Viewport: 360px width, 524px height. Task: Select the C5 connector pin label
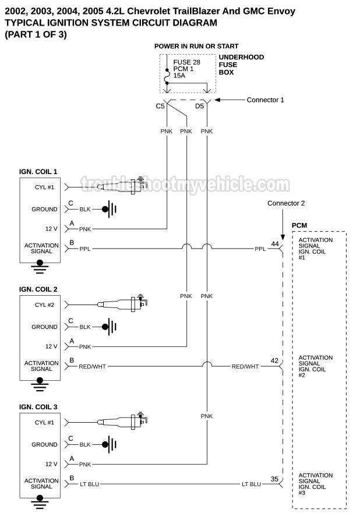[x=160, y=107]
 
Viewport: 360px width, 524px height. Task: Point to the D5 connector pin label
[x=199, y=107]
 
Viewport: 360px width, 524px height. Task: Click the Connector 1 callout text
[x=265, y=100]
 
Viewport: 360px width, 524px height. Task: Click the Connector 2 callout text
[x=286, y=203]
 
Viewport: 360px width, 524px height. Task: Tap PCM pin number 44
[x=275, y=243]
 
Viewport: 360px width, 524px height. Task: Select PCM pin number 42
[x=274, y=361]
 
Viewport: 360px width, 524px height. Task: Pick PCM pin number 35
[x=274, y=479]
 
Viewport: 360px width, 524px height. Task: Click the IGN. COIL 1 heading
[x=38, y=172]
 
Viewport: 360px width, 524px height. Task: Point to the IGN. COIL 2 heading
[x=38, y=289]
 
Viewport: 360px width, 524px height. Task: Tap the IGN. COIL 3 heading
[x=38, y=407]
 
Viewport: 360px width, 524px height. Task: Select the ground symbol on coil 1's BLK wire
[x=107, y=209]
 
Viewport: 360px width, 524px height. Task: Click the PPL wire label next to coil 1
[x=84, y=249]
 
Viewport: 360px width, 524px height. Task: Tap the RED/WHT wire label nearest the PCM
[x=245, y=366]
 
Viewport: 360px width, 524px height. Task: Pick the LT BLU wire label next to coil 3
[x=91, y=484]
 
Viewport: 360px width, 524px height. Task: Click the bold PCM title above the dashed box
[x=299, y=225]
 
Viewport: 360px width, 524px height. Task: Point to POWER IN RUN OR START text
[x=196, y=46]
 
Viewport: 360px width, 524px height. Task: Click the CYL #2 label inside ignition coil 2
[x=45, y=305]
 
